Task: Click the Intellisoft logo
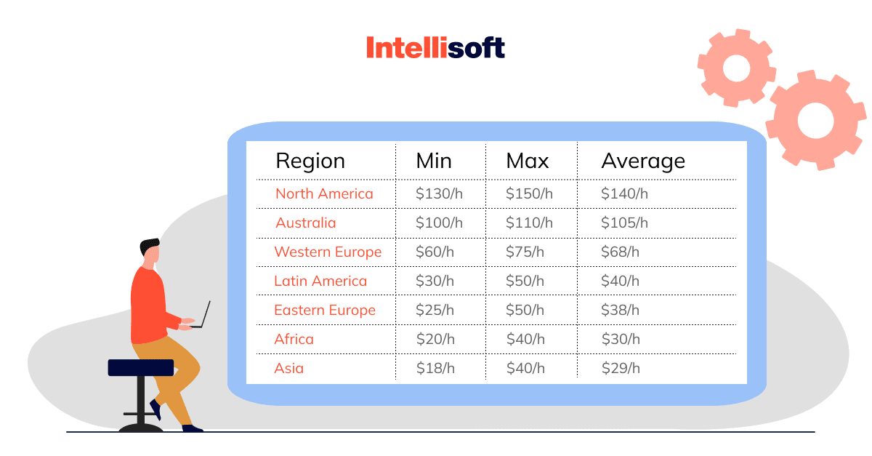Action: (x=435, y=47)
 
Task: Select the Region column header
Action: (x=310, y=161)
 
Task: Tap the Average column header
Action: (x=643, y=161)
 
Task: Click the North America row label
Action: (x=324, y=193)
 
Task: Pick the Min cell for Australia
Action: (x=439, y=223)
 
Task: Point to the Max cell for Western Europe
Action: (x=525, y=252)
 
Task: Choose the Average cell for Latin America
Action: (x=620, y=281)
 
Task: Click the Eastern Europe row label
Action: (x=325, y=311)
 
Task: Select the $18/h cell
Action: (x=435, y=368)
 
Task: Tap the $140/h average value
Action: (x=624, y=193)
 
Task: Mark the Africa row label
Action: (x=294, y=339)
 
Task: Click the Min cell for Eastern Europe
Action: (x=435, y=310)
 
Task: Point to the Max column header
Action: (x=528, y=161)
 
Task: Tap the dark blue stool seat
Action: (x=141, y=367)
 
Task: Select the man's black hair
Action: (x=149, y=246)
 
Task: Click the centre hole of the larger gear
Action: (x=815, y=121)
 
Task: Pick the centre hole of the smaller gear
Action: (x=736, y=68)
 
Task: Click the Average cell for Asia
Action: (x=621, y=368)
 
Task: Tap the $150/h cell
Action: (x=529, y=193)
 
